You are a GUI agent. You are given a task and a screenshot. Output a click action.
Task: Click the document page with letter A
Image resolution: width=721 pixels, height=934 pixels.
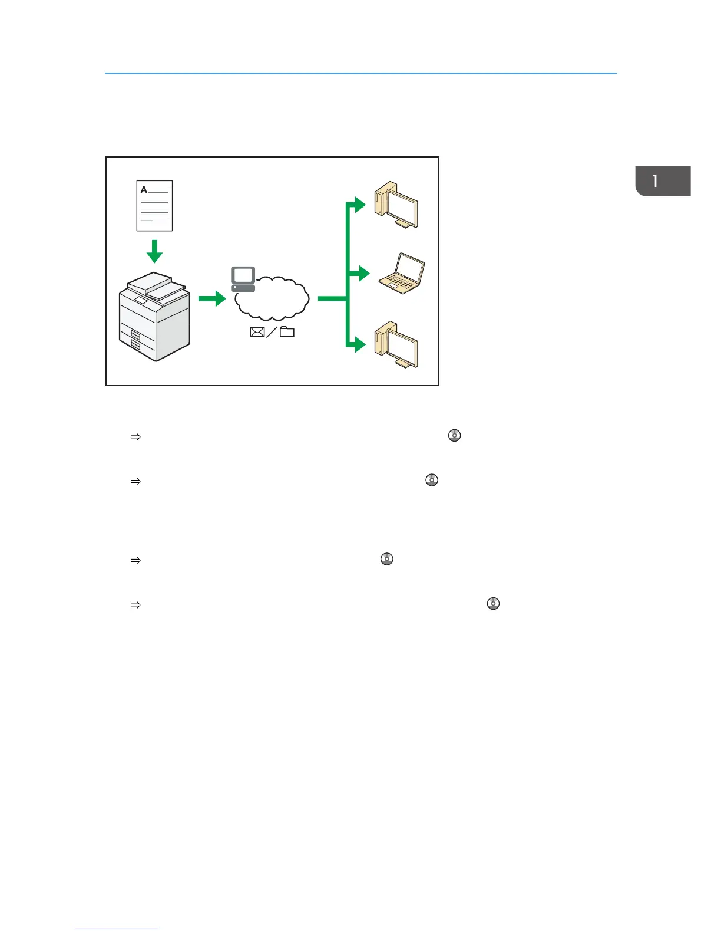point(154,206)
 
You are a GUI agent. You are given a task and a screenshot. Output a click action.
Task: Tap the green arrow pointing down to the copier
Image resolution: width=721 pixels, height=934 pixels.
point(154,251)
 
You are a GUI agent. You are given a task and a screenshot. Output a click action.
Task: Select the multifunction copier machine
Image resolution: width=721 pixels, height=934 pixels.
point(154,317)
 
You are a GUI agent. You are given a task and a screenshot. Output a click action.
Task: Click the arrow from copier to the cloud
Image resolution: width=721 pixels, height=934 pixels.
point(212,298)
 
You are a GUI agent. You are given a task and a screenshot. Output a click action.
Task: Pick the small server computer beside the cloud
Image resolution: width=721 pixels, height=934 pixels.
point(243,279)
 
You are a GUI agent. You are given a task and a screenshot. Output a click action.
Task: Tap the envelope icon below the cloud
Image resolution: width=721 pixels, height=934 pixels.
point(257,332)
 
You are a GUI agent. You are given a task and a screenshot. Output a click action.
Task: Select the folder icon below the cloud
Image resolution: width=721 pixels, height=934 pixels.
point(287,332)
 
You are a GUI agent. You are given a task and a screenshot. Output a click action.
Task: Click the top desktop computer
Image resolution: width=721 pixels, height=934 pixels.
point(396,206)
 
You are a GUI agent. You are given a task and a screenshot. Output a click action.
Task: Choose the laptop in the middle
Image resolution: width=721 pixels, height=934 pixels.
point(401,274)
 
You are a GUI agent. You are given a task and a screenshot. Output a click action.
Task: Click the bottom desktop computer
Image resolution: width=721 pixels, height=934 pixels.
point(396,345)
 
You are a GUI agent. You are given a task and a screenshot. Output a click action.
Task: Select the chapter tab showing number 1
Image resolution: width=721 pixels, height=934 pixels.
point(663,181)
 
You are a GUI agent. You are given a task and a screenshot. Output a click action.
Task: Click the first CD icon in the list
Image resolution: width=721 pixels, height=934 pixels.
point(454,436)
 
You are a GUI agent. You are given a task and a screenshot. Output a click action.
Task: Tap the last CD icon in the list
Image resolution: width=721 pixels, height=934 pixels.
point(493,604)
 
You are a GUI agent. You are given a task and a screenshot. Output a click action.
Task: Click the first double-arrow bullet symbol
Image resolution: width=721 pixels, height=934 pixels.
point(135,437)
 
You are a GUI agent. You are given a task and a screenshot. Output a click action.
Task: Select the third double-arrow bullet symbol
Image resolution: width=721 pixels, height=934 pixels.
point(135,560)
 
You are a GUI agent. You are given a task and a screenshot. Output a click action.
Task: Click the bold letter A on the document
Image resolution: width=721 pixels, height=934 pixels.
point(144,190)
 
